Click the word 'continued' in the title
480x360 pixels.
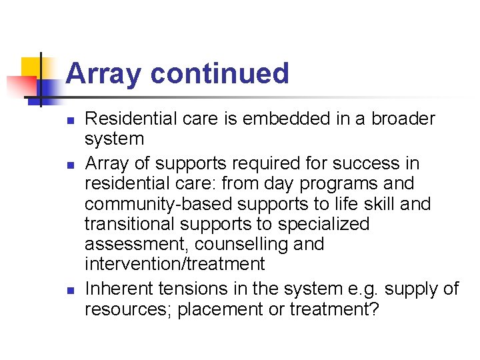(219, 73)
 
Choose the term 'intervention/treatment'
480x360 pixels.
(175, 264)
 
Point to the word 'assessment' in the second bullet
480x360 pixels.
(136, 244)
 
